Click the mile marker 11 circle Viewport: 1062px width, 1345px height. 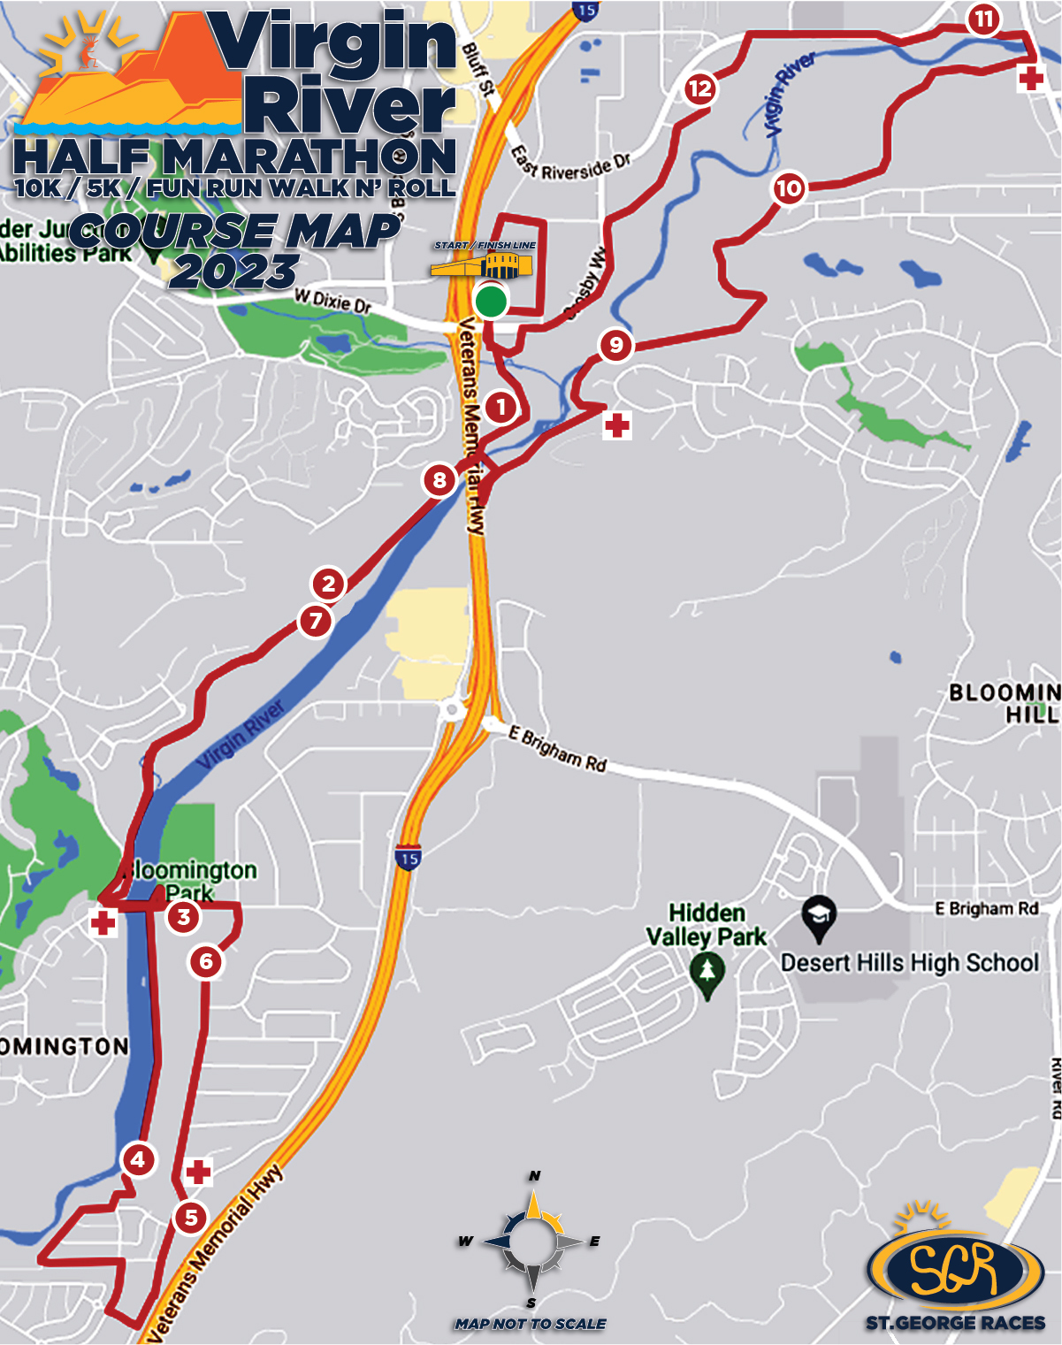983,19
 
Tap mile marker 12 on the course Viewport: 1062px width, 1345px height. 699,88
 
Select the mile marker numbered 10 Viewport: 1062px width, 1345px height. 789,187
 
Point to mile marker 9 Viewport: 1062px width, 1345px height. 616,345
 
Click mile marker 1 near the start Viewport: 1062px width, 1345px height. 501,408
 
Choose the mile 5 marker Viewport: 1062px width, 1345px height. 191,1218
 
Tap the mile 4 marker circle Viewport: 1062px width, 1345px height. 138,1159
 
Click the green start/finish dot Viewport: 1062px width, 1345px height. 491,301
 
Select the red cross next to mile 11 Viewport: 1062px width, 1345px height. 1030,79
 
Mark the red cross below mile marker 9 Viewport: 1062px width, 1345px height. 617,426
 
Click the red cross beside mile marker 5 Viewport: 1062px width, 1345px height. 198,1173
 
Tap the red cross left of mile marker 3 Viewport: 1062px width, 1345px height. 103,923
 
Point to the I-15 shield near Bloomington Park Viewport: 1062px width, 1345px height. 408,859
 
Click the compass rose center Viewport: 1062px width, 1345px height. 533,1242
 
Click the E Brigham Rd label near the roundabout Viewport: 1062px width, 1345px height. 558,749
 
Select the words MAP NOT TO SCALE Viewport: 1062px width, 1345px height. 531,1324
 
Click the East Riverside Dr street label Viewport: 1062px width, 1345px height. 570,164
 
